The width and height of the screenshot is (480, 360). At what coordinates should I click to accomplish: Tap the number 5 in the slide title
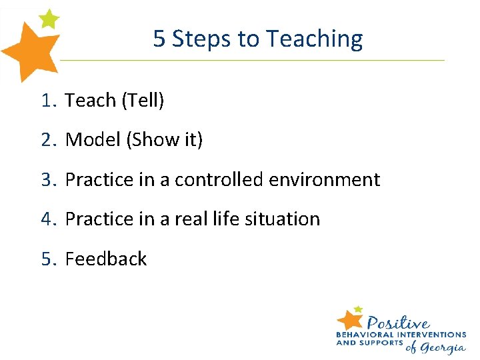coord(159,39)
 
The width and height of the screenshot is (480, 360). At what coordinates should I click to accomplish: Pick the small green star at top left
coord(48,18)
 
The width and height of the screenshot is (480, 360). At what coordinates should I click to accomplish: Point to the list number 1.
coord(46,101)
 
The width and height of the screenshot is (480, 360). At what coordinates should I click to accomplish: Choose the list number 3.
coord(46,180)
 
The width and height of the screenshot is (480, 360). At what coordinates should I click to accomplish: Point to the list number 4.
coord(46,219)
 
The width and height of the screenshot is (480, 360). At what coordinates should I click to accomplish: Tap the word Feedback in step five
coord(106,259)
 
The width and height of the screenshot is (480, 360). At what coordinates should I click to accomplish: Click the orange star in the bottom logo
coord(350,319)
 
